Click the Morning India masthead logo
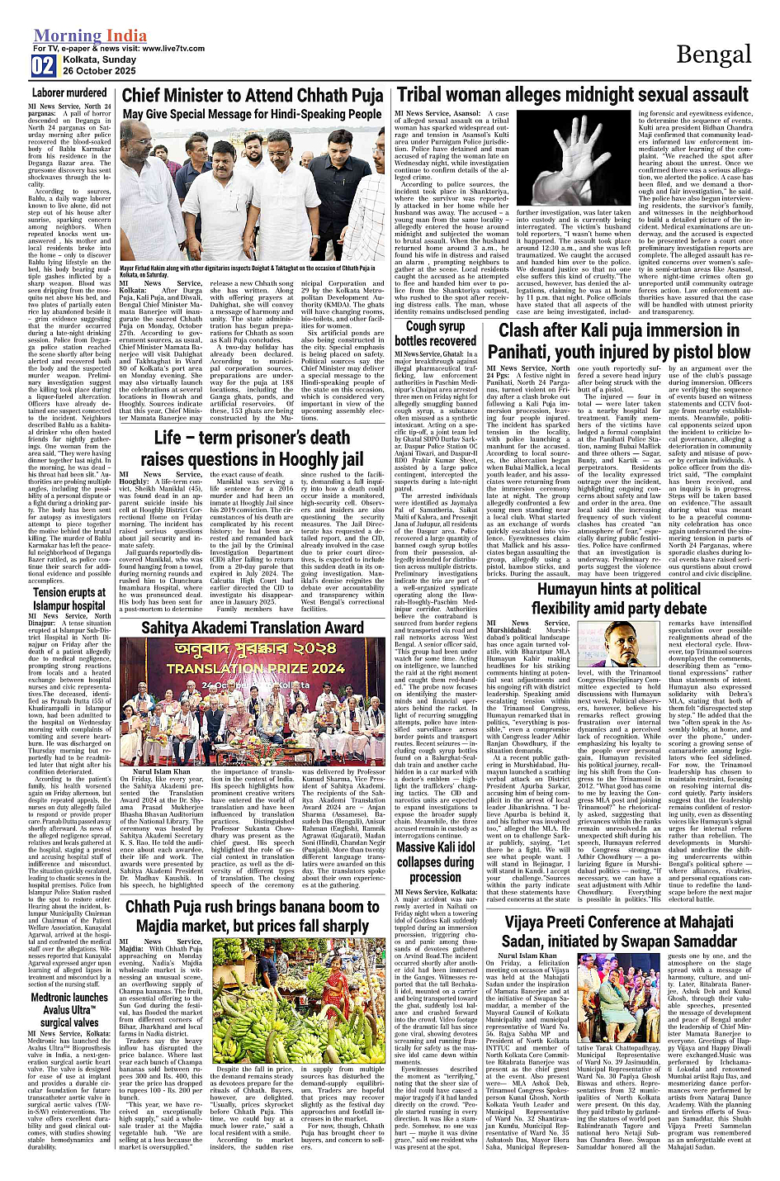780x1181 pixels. pyautogui.click(x=90, y=36)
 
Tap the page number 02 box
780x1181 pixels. pyautogui.click(x=43, y=66)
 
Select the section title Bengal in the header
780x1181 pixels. pyautogui.click(x=713, y=55)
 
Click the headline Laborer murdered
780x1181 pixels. pyautogui.click(x=70, y=93)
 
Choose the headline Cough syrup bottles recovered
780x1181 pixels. pyautogui.click(x=435, y=333)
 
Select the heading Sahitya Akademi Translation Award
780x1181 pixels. pyautogui.click(x=253, y=628)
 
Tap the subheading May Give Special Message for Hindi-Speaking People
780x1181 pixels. pyautogui.click(x=252, y=114)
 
